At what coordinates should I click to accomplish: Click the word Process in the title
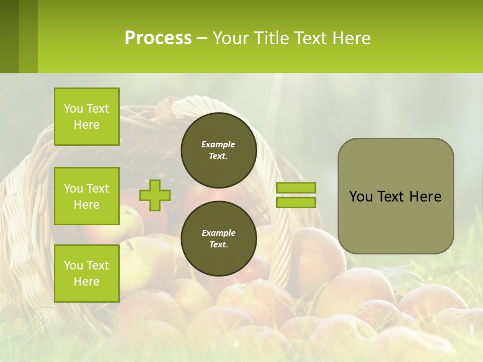(158, 38)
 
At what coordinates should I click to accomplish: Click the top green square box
(87, 117)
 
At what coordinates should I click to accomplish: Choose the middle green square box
(87, 196)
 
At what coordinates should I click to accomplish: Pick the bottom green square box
(87, 273)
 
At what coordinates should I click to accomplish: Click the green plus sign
(155, 195)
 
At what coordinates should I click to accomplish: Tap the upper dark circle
(218, 150)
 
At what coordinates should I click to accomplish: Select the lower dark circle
(218, 238)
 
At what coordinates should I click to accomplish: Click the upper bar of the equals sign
(296, 188)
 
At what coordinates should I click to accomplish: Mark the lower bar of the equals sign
(296, 202)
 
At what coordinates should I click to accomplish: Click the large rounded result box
(395, 196)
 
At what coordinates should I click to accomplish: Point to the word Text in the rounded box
(391, 197)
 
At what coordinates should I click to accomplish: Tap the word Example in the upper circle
(218, 144)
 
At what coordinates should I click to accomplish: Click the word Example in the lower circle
(218, 233)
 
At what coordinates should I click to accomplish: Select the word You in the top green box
(73, 109)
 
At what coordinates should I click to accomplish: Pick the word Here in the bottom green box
(87, 282)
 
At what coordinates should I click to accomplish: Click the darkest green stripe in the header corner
(9, 36)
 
